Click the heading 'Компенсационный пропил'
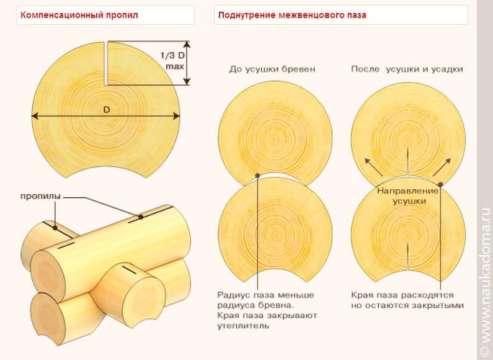[x=79, y=15]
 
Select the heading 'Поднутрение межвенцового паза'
[x=292, y=15]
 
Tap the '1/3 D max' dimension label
[x=173, y=61]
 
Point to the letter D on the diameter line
[x=107, y=110]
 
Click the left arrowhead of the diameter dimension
[x=35, y=116]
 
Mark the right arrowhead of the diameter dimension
[x=176, y=116]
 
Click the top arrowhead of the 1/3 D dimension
[x=187, y=44]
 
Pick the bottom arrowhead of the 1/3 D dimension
[x=187, y=81]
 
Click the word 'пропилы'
[x=40, y=197]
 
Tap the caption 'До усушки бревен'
[x=272, y=69]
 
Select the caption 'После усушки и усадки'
[x=407, y=69]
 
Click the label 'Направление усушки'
[x=408, y=196]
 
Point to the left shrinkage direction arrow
[x=373, y=167]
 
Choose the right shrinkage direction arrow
[x=442, y=167]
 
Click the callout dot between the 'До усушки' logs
[x=257, y=176]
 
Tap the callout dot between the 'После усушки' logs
[x=440, y=184]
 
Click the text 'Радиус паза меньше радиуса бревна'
[x=265, y=300]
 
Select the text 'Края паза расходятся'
[x=402, y=295]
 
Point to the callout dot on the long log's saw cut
[x=141, y=217]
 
